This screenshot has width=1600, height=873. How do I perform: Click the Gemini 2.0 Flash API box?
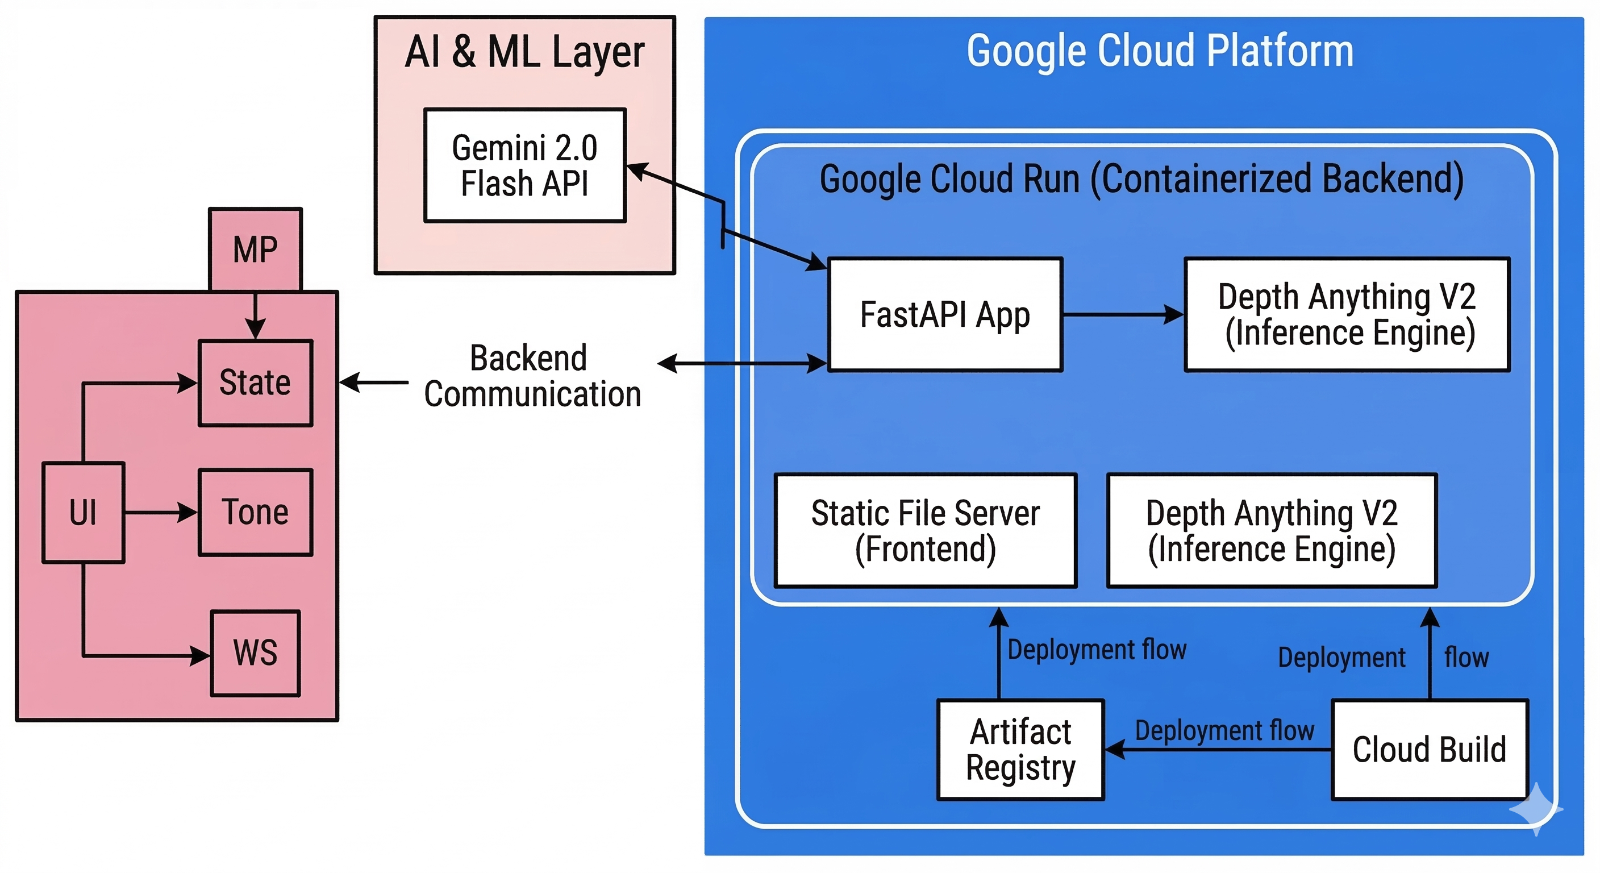click(x=525, y=165)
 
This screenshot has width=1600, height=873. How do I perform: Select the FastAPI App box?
click(x=945, y=314)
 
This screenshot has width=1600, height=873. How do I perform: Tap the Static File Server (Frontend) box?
click(x=926, y=531)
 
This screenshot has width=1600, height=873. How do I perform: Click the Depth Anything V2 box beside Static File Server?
click(x=1272, y=531)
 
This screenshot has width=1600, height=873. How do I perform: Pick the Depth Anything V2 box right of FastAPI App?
click(x=1347, y=314)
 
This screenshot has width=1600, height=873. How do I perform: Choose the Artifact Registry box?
click(x=1020, y=749)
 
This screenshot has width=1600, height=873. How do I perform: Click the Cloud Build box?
click(x=1429, y=749)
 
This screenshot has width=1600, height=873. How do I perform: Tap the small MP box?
click(x=255, y=249)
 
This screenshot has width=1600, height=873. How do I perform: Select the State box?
click(x=255, y=383)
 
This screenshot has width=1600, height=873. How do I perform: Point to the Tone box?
click(x=255, y=512)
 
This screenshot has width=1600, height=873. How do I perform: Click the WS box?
click(x=255, y=653)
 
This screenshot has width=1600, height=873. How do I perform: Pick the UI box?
click(x=83, y=513)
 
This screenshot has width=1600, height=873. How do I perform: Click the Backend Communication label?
click(x=532, y=376)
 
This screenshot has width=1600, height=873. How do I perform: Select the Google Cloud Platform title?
click(x=1160, y=51)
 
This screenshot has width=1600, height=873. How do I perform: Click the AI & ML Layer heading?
click(x=525, y=52)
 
